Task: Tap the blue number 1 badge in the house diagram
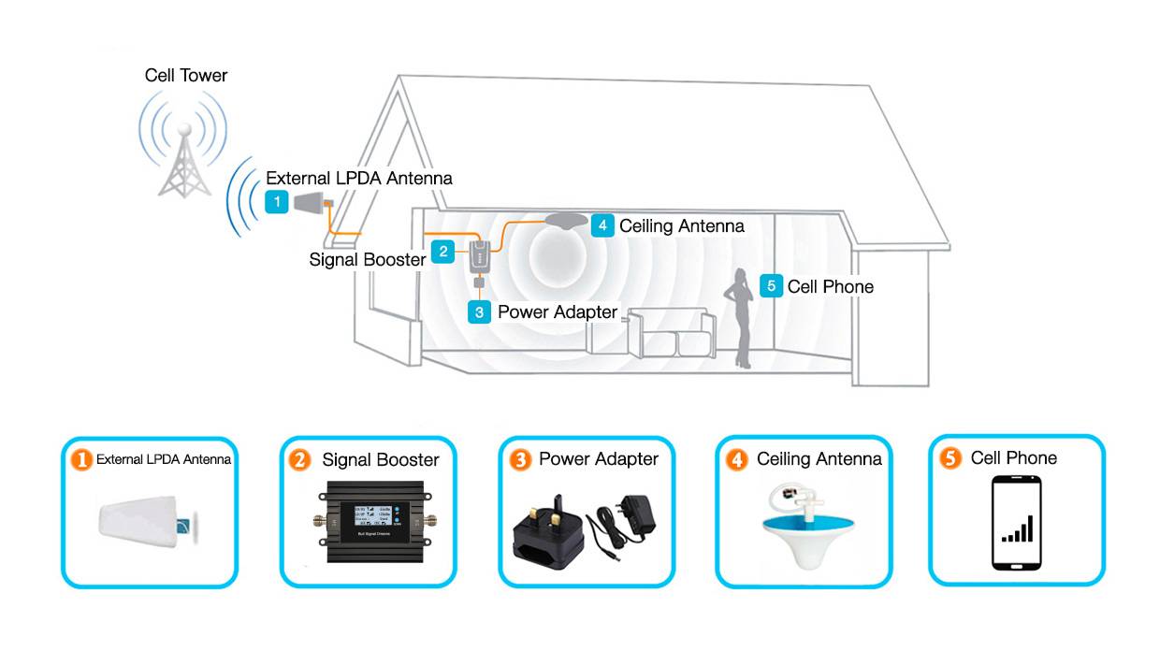click(276, 201)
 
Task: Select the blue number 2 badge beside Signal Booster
click(442, 250)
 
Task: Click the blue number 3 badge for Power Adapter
click(479, 311)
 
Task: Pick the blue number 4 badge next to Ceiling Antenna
click(601, 225)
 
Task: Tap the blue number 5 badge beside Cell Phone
click(771, 286)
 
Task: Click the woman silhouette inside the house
click(741, 318)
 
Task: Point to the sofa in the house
click(670, 333)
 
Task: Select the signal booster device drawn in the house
click(478, 253)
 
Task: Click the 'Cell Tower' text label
click(186, 75)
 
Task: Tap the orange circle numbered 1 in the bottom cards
click(82, 459)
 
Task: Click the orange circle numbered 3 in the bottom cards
click(520, 459)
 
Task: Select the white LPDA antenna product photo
click(146, 523)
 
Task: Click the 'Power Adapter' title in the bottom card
click(599, 459)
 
